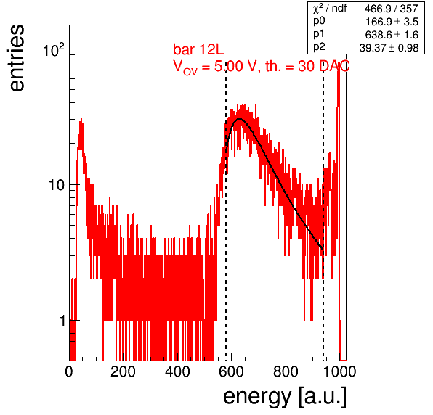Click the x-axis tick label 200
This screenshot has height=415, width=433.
click(x=123, y=371)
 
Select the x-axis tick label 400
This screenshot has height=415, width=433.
click(x=177, y=371)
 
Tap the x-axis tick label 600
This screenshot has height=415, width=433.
click(x=231, y=371)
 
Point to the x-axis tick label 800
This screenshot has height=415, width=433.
click(x=286, y=371)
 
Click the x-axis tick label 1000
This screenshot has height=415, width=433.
click(x=339, y=371)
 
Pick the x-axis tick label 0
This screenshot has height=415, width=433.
click(x=69, y=371)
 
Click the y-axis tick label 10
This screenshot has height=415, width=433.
click(x=57, y=185)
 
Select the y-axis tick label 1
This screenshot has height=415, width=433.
click(x=62, y=321)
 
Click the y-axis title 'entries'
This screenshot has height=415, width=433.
click(x=17, y=58)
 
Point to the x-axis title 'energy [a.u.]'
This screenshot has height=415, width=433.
click(x=285, y=397)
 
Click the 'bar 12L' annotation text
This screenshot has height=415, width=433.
click(x=198, y=49)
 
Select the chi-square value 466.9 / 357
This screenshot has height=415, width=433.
click(x=391, y=9)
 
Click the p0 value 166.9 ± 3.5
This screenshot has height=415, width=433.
click(x=392, y=22)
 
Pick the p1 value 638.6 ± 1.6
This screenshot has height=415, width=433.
click(x=392, y=35)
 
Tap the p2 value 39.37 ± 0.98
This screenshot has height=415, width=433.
click(x=389, y=48)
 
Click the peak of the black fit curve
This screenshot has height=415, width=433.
click(x=240, y=119)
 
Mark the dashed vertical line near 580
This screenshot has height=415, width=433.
click(x=226, y=213)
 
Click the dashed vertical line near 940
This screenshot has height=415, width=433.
click(x=323, y=213)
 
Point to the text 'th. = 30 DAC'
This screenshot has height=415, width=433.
click(x=307, y=66)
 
